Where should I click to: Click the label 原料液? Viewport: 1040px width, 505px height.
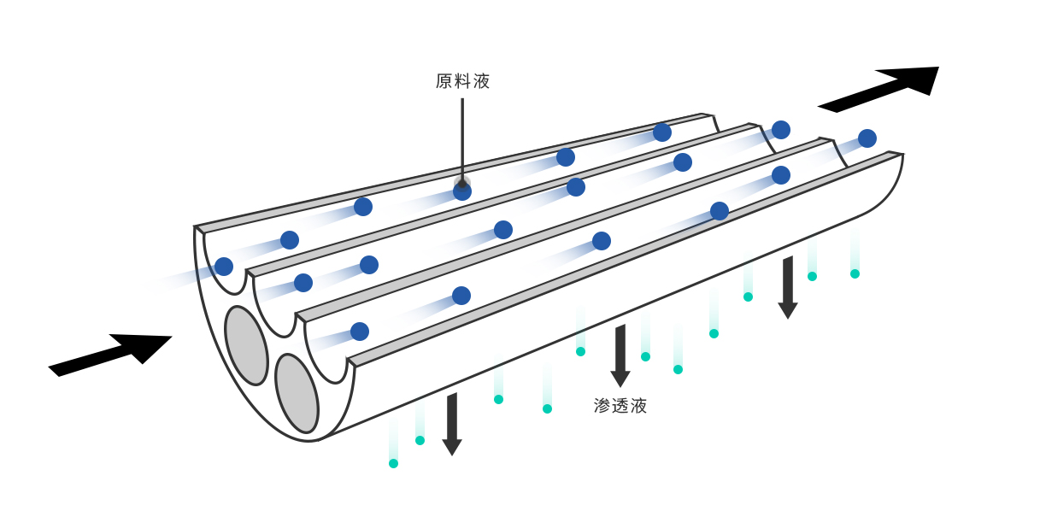(462, 81)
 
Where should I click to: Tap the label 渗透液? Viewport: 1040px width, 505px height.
(620, 406)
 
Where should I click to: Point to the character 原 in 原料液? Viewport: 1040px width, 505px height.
(444, 81)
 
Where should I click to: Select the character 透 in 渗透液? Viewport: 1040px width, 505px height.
(620, 406)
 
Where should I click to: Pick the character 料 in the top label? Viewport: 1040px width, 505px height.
(462, 81)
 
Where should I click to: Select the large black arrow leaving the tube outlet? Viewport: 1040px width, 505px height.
(880, 88)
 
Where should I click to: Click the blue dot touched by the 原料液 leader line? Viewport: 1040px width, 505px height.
(462, 191)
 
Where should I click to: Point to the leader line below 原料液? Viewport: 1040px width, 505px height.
(462, 137)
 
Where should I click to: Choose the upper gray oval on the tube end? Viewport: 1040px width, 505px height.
(246, 345)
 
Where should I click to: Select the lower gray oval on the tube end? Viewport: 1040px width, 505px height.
(297, 393)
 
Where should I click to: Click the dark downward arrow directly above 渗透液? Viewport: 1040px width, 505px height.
(620, 355)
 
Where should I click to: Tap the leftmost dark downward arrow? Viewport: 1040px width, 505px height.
(452, 424)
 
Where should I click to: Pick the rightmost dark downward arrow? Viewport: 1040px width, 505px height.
(788, 287)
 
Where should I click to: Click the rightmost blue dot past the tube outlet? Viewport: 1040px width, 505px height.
(867, 138)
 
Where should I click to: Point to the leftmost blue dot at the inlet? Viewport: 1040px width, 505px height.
(224, 267)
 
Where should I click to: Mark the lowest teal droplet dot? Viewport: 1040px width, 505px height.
(393, 463)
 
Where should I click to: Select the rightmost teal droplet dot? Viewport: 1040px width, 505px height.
(855, 273)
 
